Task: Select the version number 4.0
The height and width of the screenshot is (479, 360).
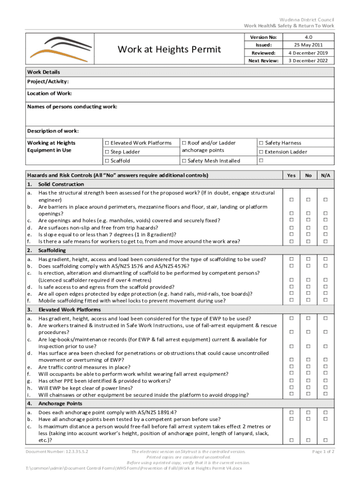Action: (x=308, y=37)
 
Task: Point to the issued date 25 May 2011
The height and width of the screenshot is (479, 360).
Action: (x=308, y=45)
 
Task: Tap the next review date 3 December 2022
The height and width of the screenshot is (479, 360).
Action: (x=308, y=61)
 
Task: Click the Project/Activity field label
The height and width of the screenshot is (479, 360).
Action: (x=48, y=81)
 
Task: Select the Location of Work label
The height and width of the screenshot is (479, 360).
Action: (x=49, y=94)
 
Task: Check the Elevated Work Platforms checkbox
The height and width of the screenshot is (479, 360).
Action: (x=107, y=143)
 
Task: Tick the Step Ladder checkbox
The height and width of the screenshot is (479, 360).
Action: (x=107, y=152)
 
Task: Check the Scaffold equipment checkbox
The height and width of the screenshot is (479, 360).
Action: (x=107, y=161)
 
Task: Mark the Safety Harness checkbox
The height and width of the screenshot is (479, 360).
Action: (x=261, y=143)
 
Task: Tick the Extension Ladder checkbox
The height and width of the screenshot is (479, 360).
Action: (x=261, y=152)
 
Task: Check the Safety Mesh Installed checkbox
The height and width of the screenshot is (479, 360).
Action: (x=184, y=161)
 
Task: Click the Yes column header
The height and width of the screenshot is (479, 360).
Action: (x=291, y=175)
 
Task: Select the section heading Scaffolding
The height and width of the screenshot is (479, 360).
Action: (x=52, y=250)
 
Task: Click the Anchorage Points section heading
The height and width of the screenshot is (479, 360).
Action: (x=60, y=403)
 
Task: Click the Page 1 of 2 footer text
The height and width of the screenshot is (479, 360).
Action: (x=323, y=452)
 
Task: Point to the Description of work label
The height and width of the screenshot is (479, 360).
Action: (x=52, y=131)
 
